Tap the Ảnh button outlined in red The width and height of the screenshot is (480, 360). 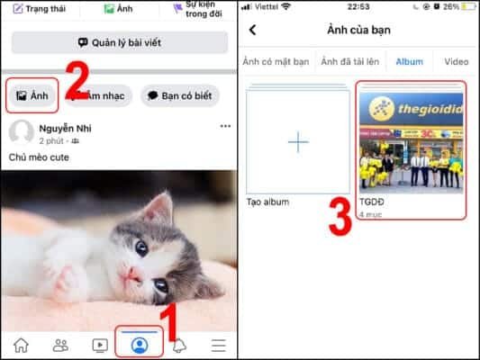click(x=32, y=95)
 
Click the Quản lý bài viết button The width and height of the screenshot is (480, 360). click(x=119, y=42)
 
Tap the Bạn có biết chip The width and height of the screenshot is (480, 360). click(x=180, y=95)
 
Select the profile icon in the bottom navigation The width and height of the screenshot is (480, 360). click(x=140, y=344)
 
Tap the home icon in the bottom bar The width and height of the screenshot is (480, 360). click(x=21, y=345)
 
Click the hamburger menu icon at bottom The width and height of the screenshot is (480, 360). click(x=218, y=345)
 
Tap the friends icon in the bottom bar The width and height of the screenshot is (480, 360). click(x=60, y=345)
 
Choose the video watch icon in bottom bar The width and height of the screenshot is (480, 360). click(x=100, y=345)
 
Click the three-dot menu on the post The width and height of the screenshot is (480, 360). click(x=225, y=127)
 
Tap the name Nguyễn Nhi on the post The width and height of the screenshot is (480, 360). click(x=66, y=128)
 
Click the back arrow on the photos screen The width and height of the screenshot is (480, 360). click(x=253, y=30)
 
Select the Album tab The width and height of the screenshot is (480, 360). click(x=410, y=61)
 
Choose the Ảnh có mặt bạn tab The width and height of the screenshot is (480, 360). click(x=276, y=61)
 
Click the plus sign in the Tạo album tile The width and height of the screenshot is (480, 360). click(x=297, y=142)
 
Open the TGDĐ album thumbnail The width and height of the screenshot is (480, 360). click(x=411, y=142)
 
